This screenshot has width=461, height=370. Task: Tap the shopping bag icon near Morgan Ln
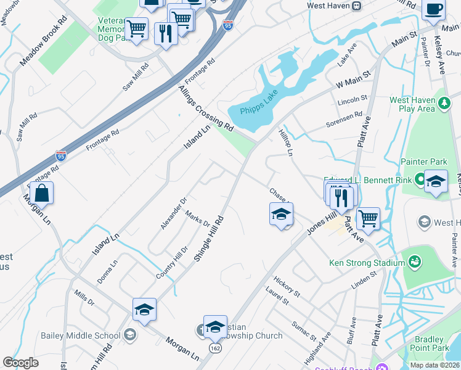pyautogui.click(x=41, y=193)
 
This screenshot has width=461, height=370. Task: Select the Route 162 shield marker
pyautogui.click(x=214, y=347)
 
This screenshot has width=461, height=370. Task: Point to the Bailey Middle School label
pyautogui.click(x=81, y=335)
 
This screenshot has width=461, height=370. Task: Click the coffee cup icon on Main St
pyautogui.click(x=433, y=11)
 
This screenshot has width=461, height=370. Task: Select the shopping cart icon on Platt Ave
pyautogui.click(x=368, y=218)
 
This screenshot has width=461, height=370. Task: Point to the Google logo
pyautogui.click(x=20, y=363)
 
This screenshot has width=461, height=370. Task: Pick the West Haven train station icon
pyautogui.click(x=356, y=6)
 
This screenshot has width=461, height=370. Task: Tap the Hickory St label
pyautogui.click(x=287, y=285)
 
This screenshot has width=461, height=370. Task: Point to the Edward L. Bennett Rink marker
pyautogui.click(x=420, y=179)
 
